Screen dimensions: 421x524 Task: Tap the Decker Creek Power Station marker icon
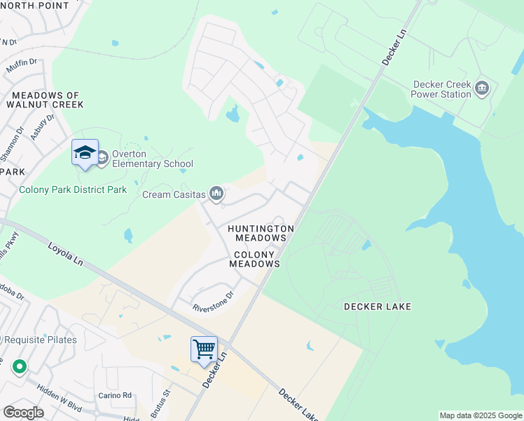(481, 88)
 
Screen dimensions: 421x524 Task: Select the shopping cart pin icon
(204, 349)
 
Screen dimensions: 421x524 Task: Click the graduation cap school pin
(85, 152)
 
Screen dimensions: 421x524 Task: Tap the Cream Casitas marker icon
(216, 193)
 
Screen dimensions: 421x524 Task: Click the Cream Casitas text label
(174, 194)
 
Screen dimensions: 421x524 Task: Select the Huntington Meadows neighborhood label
(260, 233)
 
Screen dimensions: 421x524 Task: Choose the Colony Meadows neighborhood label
(256, 259)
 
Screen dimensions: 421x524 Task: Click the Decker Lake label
(377, 307)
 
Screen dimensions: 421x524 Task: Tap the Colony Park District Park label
(73, 189)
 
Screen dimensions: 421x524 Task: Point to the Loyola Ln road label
(66, 254)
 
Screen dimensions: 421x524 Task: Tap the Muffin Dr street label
(22, 67)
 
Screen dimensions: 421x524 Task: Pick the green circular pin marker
(19, 366)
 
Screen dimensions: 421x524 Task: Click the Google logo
(23, 412)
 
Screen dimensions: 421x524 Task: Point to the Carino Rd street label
(115, 395)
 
